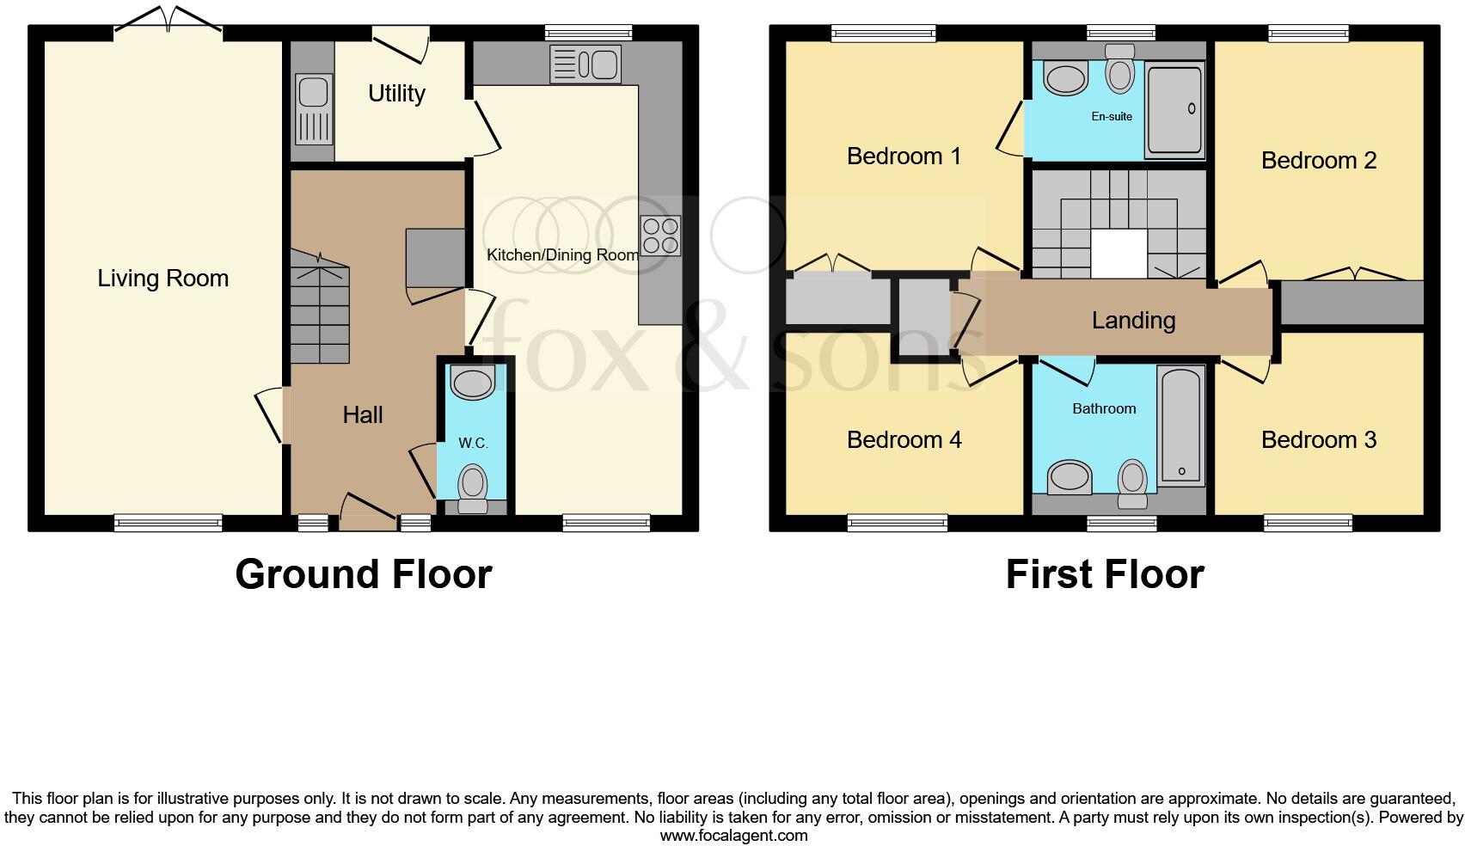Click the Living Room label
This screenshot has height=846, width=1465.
162,279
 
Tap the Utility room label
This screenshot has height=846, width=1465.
396,93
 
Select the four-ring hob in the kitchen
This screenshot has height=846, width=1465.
660,236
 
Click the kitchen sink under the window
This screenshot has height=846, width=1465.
585,64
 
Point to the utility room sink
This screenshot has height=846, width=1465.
313,109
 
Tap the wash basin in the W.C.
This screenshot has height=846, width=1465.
472,382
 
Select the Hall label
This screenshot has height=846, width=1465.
363,415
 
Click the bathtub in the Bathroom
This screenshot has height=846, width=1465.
1181,426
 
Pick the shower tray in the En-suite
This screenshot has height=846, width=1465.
1174,110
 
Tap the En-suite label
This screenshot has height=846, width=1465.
1112,116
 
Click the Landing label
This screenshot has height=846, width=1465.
1133,321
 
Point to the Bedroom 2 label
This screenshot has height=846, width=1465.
1318,161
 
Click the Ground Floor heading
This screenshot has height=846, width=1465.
364,574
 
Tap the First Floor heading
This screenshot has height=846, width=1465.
1105,574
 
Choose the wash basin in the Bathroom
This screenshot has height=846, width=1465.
1070,476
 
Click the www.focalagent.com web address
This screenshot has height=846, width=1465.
733,835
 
